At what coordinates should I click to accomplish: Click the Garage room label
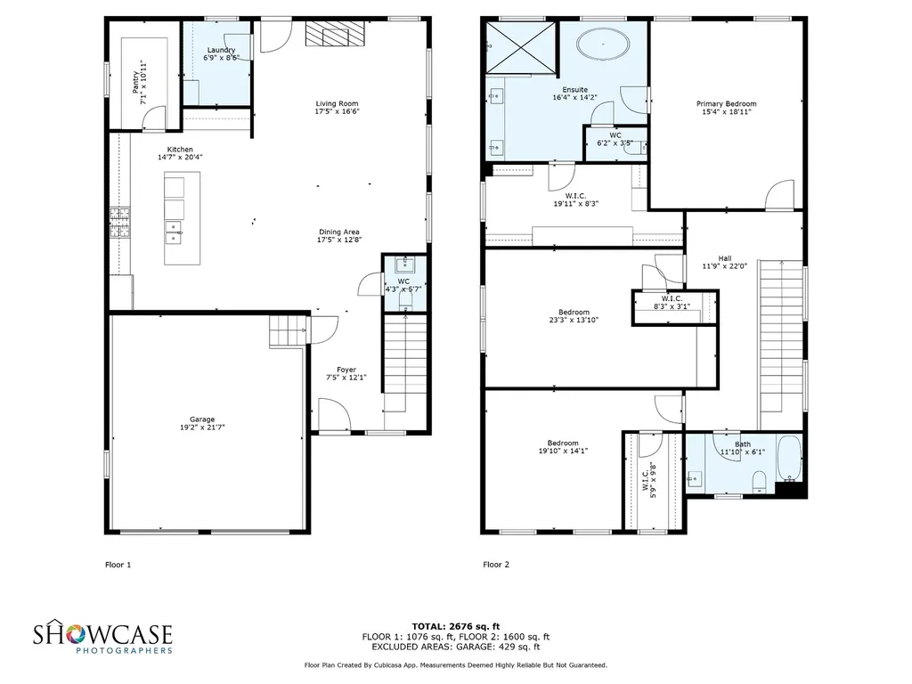202,423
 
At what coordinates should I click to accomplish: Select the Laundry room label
221,53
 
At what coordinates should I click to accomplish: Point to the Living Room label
337,107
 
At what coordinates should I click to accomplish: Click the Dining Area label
339,235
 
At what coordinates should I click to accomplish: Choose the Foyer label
346,373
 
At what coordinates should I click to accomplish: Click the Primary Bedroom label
727,108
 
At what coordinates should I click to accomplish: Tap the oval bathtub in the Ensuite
603,44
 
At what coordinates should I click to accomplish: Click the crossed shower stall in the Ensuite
520,49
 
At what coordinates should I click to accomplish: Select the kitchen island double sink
174,232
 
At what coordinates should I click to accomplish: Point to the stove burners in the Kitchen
120,223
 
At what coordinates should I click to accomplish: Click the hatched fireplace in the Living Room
335,34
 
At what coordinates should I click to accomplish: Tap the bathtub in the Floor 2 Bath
789,459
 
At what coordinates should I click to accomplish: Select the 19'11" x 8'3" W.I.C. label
575,200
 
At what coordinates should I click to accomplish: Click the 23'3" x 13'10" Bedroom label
574,316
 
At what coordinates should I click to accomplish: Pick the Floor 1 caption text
118,564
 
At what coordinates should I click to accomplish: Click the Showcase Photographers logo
103,636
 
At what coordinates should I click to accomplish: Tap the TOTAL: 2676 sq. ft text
456,626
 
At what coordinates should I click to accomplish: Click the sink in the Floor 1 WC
405,265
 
